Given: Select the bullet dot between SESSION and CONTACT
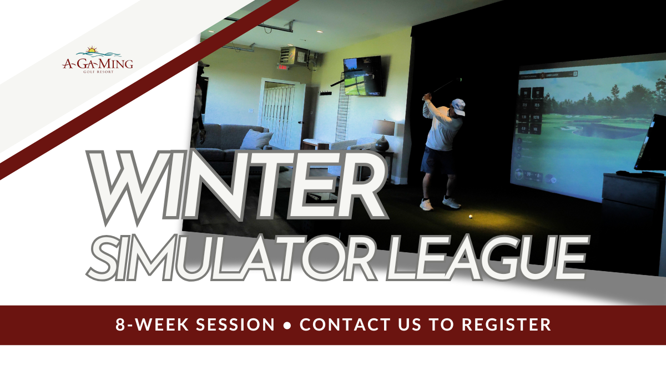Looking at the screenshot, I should [x=287, y=325].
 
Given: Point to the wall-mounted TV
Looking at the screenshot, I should [x=363, y=76].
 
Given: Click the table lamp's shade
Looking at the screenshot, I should [x=383, y=127].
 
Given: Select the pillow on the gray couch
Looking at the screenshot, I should [x=256, y=138].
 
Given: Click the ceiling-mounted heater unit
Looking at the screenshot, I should [x=294, y=56].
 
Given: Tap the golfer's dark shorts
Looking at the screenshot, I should [x=433, y=161].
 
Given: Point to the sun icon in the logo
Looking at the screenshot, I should [x=92, y=50].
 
